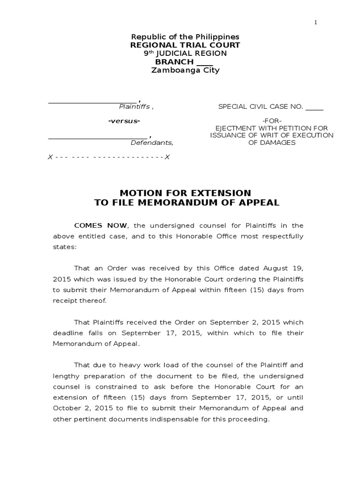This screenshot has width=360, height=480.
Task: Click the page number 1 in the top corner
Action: [x=316, y=22]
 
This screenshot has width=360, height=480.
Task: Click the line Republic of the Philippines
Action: [x=185, y=37]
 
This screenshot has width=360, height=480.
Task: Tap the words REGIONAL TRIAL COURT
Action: [x=185, y=45]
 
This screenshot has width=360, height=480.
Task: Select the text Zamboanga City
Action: [x=185, y=70]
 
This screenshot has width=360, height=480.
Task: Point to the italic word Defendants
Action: [x=151, y=142]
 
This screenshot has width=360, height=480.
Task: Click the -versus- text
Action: [x=124, y=121]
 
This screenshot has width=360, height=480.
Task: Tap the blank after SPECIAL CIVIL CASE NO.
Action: [x=315, y=107]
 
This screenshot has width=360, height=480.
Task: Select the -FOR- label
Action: [x=272, y=121]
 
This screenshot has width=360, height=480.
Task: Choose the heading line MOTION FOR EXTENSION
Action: [x=185, y=193]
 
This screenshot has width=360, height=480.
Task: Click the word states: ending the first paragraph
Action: [x=64, y=247]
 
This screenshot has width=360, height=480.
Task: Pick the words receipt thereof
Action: [x=79, y=300]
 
